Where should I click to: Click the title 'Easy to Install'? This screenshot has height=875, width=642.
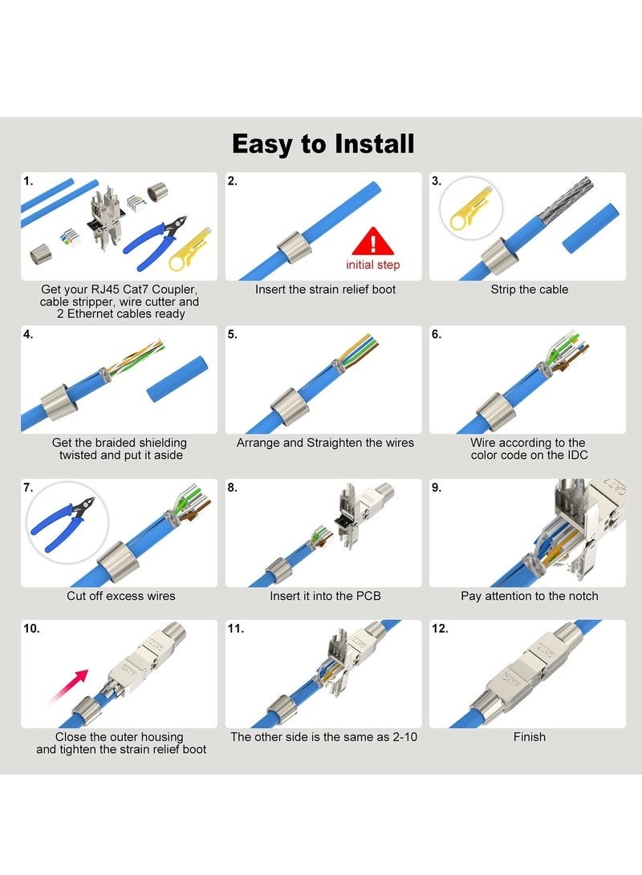[323, 144]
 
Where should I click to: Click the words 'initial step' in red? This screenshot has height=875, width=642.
[372, 265]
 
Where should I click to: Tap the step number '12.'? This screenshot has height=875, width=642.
[440, 629]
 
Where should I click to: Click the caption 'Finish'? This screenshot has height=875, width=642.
[529, 736]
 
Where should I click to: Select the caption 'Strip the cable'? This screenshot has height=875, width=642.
[529, 289]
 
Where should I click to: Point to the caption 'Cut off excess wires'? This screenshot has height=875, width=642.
[120, 596]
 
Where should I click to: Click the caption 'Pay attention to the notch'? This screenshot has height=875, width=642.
[529, 596]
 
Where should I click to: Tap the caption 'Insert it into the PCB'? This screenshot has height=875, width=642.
[325, 596]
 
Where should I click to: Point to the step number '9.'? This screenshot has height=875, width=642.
[437, 488]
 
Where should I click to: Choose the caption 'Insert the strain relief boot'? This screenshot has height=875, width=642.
[325, 289]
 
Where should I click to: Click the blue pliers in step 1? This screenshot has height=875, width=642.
[152, 240]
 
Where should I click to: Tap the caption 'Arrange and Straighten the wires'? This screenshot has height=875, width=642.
[325, 443]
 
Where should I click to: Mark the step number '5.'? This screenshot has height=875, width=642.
[232, 334]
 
